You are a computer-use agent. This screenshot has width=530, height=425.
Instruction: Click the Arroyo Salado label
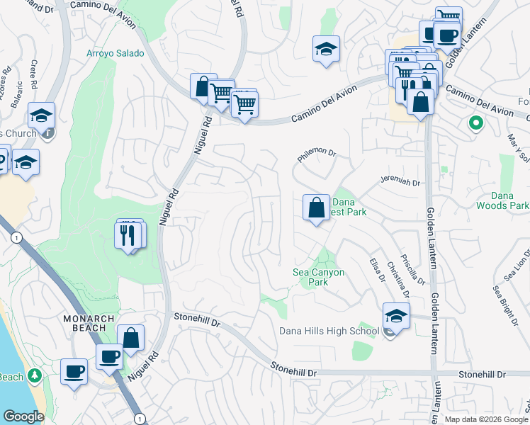pyautogui.click(x=115, y=53)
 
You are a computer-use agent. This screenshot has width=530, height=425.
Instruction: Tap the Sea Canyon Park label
pyautogui.click(x=318, y=277)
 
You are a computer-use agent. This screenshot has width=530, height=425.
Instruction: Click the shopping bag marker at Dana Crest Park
pyautogui.click(x=316, y=208)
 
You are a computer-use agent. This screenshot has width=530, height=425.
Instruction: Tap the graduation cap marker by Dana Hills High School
pyautogui.click(x=396, y=316)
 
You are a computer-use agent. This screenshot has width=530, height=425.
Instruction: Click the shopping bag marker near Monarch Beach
pyautogui.click(x=130, y=338)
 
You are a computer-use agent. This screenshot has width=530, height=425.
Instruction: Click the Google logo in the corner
pyautogui.click(x=23, y=416)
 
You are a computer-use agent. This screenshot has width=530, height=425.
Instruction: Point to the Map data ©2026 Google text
pyautogui.click(x=487, y=419)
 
